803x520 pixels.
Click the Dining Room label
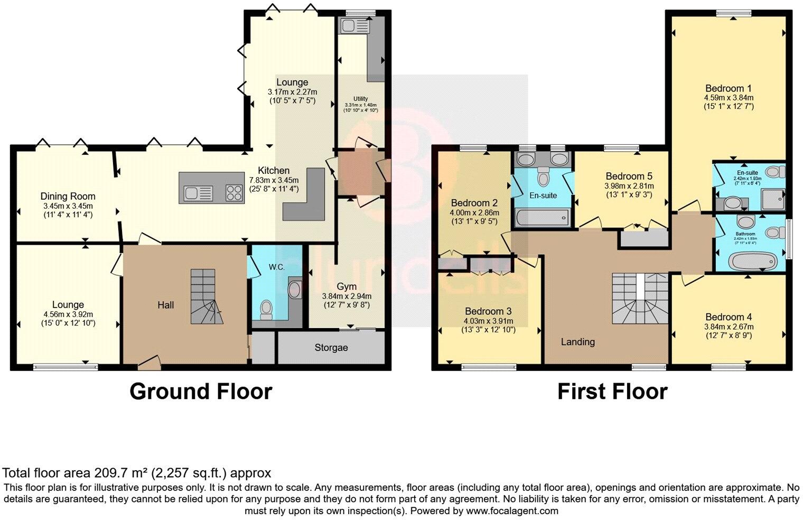click(68, 197)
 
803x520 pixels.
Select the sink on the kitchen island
click(198, 194)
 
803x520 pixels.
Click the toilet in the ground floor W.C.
click(266, 309)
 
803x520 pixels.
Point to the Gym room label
click(347, 286)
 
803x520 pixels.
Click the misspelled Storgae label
click(331, 348)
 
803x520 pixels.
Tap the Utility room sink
click(350, 25)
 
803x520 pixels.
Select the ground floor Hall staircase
click(203, 296)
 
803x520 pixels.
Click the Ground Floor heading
click(201, 392)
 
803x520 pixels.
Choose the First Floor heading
click(612, 392)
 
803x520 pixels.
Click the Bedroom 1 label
click(729, 88)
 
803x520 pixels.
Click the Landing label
click(577, 342)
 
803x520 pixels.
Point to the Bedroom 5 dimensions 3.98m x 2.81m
click(629, 186)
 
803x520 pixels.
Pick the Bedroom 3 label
click(489, 311)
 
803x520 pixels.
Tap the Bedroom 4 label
click(729, 317)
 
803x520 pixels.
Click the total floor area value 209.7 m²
click(122, 473)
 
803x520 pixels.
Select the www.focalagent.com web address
click(511, 511)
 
